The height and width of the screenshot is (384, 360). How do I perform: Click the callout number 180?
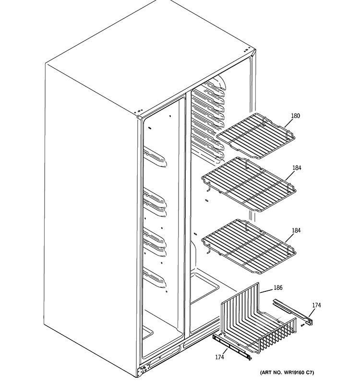[295, 116]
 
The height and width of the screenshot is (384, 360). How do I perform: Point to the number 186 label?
[278, 288]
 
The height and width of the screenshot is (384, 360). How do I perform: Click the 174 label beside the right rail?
[316, 305]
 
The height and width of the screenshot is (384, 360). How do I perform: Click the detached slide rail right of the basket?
[293, 310]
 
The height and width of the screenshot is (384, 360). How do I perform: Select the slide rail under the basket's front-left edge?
[230, 344]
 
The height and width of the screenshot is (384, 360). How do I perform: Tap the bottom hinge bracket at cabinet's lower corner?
[143, 371]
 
